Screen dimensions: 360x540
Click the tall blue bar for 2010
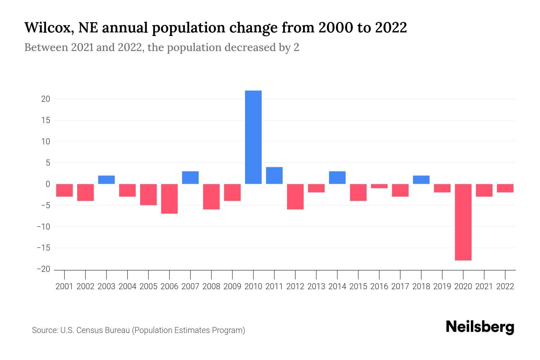(x=253, y=137)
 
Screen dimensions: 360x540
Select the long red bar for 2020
(x=463, y=222)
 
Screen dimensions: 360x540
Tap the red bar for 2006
(x=169, y=199)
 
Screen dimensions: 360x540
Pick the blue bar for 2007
(x=190, y=178)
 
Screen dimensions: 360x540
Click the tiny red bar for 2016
(x=379, y=186)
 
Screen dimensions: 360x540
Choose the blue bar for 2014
(x=337, y=178)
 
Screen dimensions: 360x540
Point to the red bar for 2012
(x=295, y=196)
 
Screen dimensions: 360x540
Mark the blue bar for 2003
(x=106, y=180)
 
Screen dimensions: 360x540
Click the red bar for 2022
(x=505, y=188)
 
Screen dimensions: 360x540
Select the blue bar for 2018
(x=421, y=180)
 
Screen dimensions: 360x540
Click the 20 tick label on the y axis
(x=46, y=99)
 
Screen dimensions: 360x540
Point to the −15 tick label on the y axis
(x=43, y=248)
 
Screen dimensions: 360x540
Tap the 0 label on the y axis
(x=48, y=184)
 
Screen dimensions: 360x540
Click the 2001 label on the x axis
(x=64, y=286)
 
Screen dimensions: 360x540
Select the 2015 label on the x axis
(x=358, y=286)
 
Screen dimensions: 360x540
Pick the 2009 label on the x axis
(x=232, y=286)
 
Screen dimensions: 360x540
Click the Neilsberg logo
(x=480, y=327)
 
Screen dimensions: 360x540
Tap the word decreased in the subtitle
(x=250, y=47)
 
